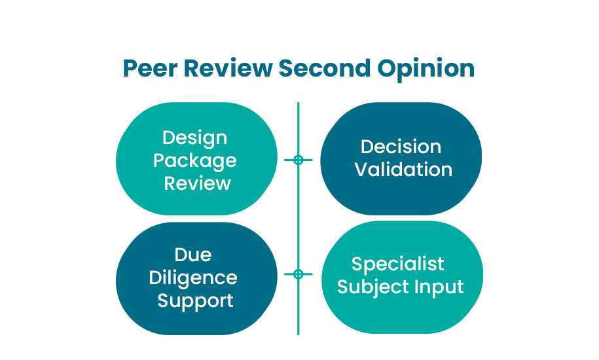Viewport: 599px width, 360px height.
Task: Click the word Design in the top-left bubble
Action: (x=195, y=138)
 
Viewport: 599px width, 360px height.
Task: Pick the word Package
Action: (x=195, y=161)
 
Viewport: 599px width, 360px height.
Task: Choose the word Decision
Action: (x=401, y=147)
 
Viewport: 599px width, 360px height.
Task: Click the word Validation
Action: (x=403, y=170)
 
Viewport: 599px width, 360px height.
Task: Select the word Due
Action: (x=193, y=254)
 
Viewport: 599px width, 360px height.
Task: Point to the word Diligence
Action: (x=193, y=278)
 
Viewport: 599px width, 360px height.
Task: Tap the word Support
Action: (x=195, y=300)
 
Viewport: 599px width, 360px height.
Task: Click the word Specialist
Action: (x=398, y=264)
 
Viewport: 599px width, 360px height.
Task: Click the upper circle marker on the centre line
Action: (x=299, y=160)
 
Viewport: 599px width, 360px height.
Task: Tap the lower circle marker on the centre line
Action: (x=299, y=274)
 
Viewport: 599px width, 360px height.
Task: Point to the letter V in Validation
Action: (x=362, y=170)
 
